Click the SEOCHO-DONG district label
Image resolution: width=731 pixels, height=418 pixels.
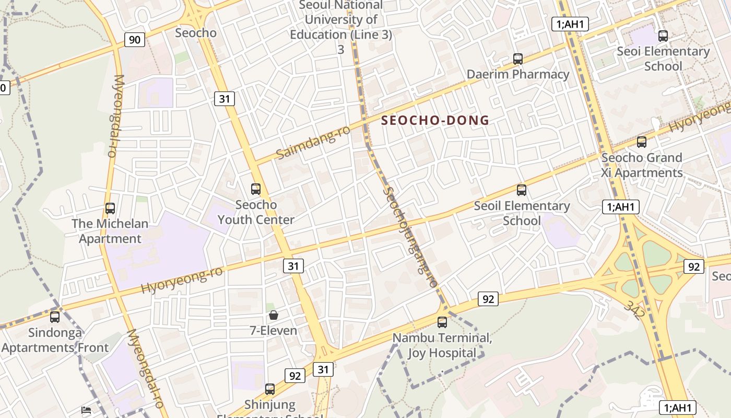coord(435,121)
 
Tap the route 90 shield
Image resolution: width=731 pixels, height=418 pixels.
coord(135,40)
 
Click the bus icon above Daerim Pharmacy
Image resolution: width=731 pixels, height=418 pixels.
coord(517,59)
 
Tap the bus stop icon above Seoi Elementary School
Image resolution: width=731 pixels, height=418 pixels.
coord(663,36)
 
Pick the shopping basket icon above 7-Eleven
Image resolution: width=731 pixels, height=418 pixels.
coord(273,315)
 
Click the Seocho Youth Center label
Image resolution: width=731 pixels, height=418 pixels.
coord(256,212)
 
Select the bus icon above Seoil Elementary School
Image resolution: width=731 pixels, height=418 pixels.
coord(521,190)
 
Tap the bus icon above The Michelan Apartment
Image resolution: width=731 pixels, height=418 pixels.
coord(110,208)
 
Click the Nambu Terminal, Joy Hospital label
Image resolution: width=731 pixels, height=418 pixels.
coord(442,345)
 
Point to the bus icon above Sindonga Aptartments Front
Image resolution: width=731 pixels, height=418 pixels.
coord(55,317)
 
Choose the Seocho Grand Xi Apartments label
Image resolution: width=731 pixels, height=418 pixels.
coord(642,165)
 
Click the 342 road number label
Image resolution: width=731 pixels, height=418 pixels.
coord(633,309)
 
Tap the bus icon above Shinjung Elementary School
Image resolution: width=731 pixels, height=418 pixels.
coord(270,389)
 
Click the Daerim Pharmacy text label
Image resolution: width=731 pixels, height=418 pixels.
coord(517,74)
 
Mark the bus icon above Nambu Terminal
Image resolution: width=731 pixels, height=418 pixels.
coord(442,322)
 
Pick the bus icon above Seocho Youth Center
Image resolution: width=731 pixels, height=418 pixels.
coord(256,189)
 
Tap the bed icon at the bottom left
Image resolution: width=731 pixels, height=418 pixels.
coord(86,411)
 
